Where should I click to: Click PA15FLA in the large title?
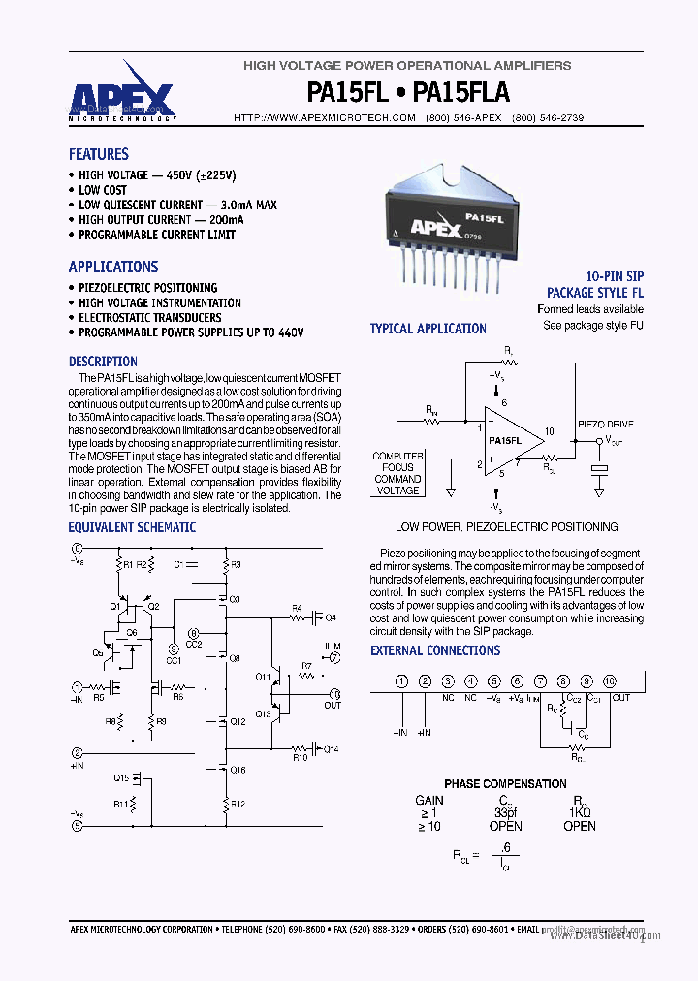[x=461, y=92]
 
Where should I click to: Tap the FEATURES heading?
[x=98, y=154]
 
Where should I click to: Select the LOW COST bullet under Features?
[x=102, y=190]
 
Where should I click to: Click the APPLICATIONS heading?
[x=112, y=267]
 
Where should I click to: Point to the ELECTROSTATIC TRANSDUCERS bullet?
[x=149, y=318]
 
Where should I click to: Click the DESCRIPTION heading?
[x=103, y=362]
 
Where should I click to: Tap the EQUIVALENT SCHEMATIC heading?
[x=132, y=528]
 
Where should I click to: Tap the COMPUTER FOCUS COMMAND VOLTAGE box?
[x=397, y=473]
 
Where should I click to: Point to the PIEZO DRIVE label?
[x=607, y=425]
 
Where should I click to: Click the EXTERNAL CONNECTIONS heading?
[x=435, y=650]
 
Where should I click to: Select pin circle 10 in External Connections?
[x=610, y=682]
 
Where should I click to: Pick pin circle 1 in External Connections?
[x=400, y=682]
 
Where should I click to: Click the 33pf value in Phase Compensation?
[x=505, y=812]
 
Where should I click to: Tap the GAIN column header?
[x=429, y=800]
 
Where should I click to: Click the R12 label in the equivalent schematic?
[x=238, y=804]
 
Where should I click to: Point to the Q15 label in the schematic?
[x=120, y=778]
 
